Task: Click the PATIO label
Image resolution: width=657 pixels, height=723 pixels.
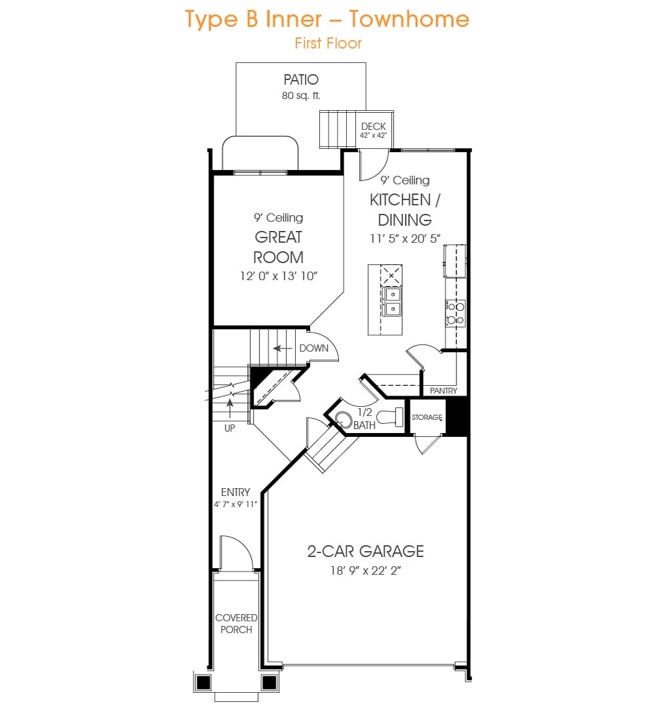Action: point(301,80)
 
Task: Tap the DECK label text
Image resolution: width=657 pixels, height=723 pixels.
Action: point(373,127)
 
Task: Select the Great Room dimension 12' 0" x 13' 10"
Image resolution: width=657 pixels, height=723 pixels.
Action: point(279,276)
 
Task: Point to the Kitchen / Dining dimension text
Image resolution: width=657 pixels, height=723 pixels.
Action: point(405,239)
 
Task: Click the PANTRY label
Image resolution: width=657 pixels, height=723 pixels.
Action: point(443,391)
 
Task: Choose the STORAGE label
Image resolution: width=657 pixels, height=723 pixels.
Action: point(427,417)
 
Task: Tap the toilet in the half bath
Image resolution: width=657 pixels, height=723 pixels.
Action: point(390,417)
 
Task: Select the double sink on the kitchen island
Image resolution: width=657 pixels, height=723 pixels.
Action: point(392,302)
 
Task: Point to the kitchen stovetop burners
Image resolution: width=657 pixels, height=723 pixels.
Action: point(455,313)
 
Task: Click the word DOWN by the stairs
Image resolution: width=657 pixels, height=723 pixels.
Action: point(314,348)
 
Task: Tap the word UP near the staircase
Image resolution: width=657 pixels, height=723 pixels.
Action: point(229,428)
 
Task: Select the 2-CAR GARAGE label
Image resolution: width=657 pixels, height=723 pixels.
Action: point(365,552)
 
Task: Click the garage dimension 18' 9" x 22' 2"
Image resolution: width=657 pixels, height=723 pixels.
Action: point(365,571)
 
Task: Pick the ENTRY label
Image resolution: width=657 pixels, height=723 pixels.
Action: point(235,493)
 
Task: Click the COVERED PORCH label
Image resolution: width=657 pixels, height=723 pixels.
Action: point(236,624)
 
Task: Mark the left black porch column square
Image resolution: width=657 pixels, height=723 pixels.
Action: point(203,682)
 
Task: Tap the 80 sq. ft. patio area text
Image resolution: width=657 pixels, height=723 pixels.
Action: point(301,96)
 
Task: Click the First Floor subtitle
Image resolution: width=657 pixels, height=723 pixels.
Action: point(328,43)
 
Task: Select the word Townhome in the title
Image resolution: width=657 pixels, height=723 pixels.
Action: point(409,20)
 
